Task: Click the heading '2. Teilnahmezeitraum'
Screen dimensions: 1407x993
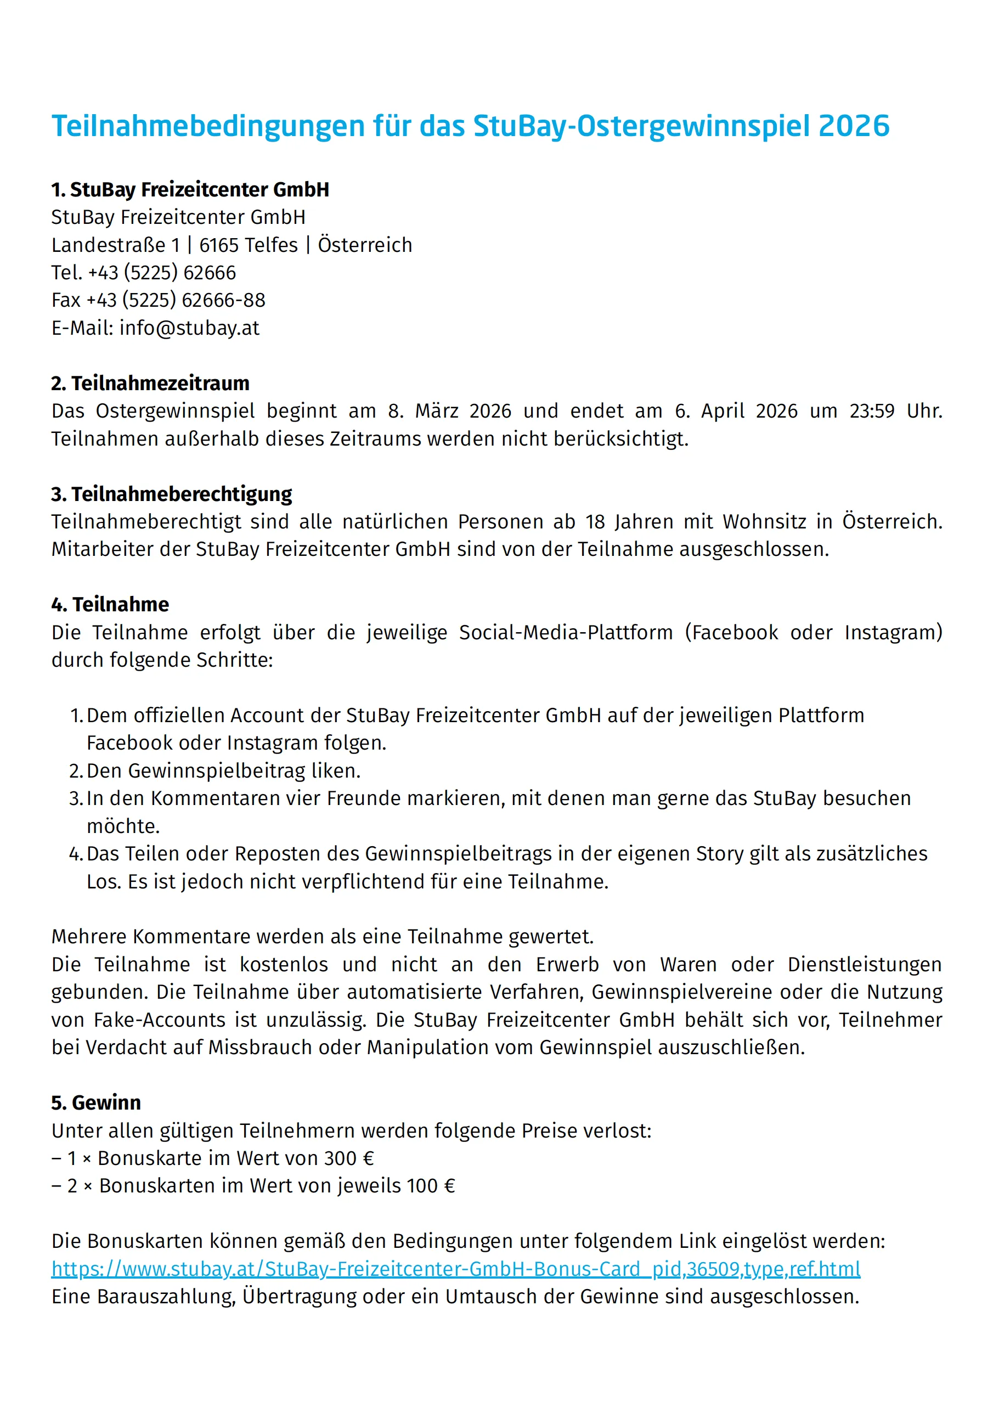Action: pos(150,384)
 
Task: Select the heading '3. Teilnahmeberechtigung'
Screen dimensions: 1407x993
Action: pos(172,494)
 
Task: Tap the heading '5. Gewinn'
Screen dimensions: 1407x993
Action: pos(96,1102)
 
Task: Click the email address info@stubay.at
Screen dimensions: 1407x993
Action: pos(189,329)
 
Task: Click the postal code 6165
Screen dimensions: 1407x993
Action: pos(219,245)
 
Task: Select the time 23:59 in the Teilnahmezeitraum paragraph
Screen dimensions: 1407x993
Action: pos(872,411)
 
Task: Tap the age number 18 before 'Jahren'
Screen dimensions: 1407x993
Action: pos(595,521)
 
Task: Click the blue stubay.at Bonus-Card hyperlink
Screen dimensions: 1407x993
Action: pos(456,1269)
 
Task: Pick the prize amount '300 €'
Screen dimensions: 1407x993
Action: pos(348,1158)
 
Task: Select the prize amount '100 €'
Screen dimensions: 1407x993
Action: pos(431,1186)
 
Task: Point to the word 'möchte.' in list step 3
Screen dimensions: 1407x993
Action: pos(123,826)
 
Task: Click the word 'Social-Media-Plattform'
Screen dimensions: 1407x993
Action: pos(566,632)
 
